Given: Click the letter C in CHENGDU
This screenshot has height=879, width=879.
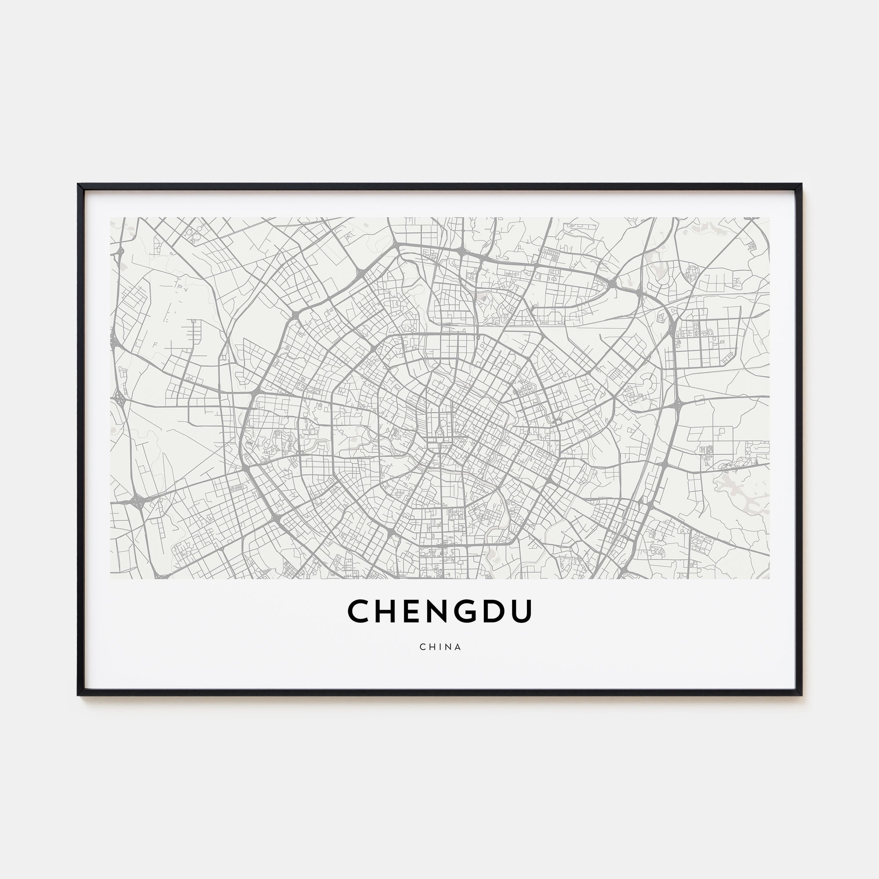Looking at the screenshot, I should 360,611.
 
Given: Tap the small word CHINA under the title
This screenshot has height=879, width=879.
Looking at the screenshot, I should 440,647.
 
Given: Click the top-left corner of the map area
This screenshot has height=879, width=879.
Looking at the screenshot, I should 111,218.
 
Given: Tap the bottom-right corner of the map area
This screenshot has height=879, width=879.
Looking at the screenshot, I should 769,578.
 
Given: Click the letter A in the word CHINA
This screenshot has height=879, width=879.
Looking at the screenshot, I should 458,647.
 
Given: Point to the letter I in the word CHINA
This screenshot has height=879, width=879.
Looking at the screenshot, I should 440,647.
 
